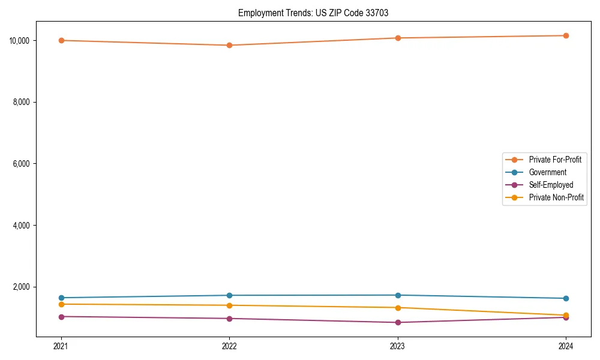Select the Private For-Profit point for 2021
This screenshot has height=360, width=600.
click(x=61, y=40)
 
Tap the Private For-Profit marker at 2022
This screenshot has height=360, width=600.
click(x=229, y=45)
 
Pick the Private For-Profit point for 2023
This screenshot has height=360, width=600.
click(x=398, y=38)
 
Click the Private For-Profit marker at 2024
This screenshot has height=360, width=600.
click(x=566, y=35)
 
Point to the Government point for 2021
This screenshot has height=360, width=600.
click(x=61, y=298)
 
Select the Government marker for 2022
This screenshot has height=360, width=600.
click(x=229, y=295)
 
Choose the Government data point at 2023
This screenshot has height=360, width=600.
click(x=398, y=295)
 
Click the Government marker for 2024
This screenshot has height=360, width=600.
click(x=566, y=298)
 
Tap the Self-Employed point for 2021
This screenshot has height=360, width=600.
click(x=61, y=316)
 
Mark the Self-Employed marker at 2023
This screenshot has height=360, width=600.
click(x=398, y=322)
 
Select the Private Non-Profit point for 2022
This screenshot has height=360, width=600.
click(x=229, y=305)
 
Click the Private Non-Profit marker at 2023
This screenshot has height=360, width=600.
click(x=398, y=308)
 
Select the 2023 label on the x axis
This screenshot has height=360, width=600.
click(x=398, y=346)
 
